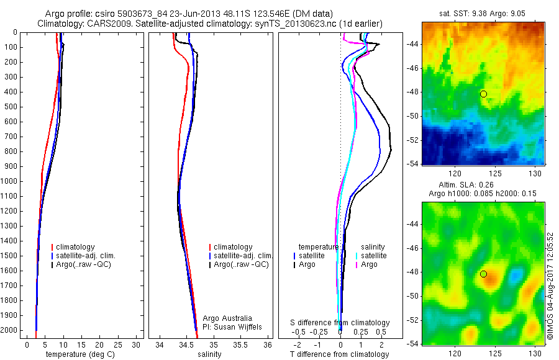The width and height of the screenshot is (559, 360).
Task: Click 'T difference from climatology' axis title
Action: coord(339,354)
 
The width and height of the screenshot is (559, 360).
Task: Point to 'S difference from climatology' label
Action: coord(340,323)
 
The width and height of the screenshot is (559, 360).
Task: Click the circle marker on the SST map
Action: coord(483,94)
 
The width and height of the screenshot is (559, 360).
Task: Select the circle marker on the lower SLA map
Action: coord(483,274)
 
